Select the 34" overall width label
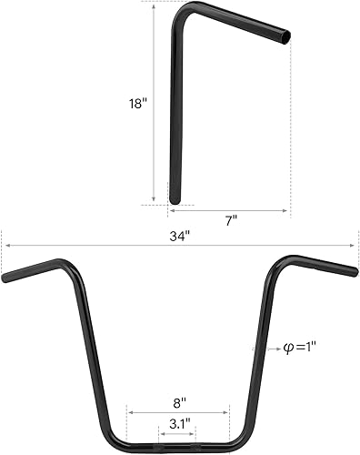click(180, 236)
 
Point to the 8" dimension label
click(179, 401)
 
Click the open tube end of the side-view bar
click(287, 38)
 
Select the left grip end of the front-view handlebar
click(6, 277)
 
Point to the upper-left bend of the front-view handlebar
click(69, 266)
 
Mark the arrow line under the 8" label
click(179, 411)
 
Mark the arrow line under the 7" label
click(229, 210)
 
